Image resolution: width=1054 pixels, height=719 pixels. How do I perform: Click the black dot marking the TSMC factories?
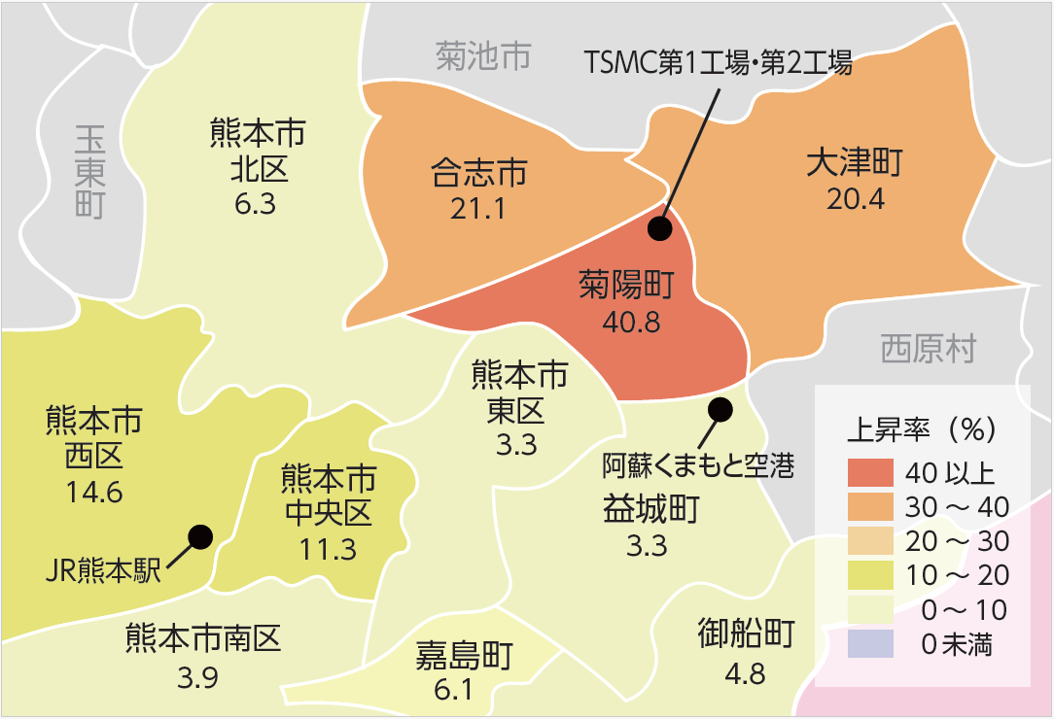[x=660, y=228]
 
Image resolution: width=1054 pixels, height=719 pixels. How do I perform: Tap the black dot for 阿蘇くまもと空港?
[x=720, y=410]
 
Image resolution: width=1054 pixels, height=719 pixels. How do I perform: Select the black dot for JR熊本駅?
[x=200, y=536]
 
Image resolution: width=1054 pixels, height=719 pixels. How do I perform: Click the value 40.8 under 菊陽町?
[x=631, y=322]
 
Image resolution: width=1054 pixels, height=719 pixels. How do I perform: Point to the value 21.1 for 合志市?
[x=478, y=208]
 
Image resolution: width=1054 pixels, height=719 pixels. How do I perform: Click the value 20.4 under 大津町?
[x=855, y=199]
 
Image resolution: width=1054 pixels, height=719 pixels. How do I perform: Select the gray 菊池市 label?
[x=483, y=57]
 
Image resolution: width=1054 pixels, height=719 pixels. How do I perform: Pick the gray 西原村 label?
[x=928, y=349]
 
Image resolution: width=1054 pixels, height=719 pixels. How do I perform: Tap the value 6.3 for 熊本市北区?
[x=256, y=203]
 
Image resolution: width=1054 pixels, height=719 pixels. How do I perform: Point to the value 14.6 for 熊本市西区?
[x=94, y=492]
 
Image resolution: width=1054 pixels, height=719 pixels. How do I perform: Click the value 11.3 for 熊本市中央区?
[x=328, y=549]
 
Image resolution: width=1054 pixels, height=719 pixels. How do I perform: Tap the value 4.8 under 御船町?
[x=746, y=672]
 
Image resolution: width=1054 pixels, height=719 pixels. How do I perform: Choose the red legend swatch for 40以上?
[x=872, y=472]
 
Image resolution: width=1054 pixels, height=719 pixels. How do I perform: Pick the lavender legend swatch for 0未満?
[x=872, y=643]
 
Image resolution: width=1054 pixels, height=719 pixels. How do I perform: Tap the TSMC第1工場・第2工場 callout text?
[x=719, y=64]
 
